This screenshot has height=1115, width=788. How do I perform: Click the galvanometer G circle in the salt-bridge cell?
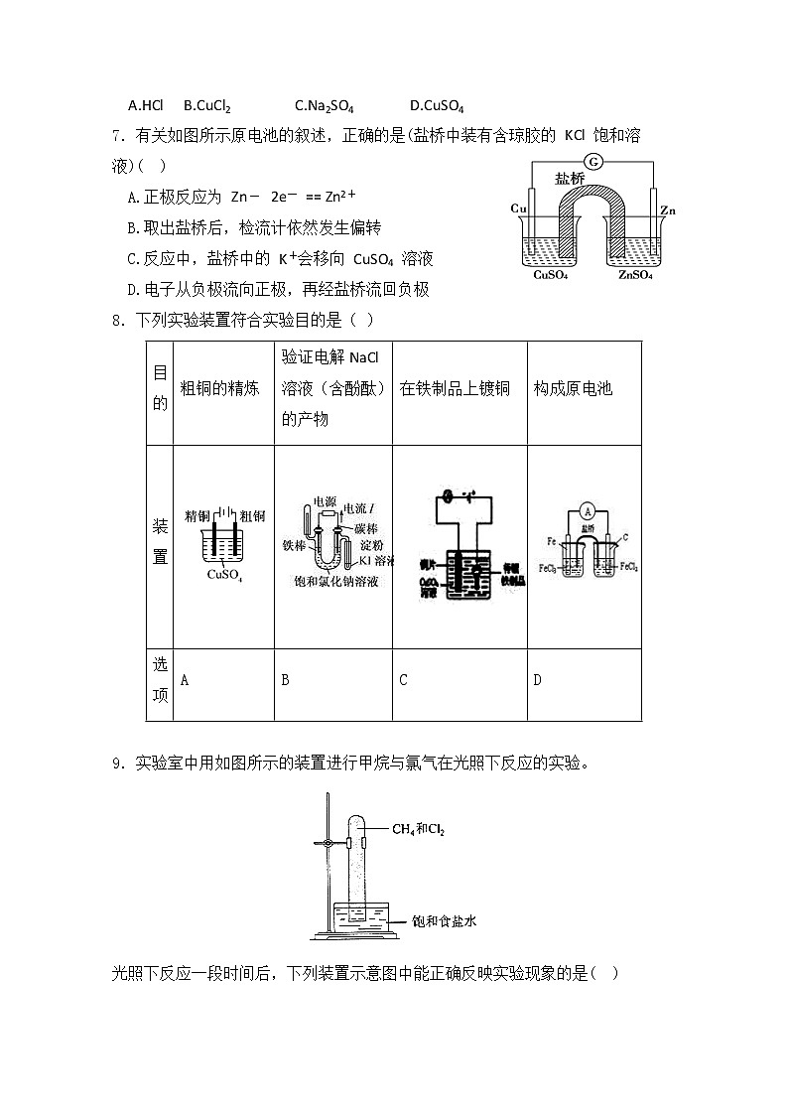click(x=593, y=162)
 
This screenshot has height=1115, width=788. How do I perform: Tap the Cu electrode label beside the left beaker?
click(x=518, y=209)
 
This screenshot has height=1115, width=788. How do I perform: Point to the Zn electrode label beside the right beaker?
click(x=668, y=209)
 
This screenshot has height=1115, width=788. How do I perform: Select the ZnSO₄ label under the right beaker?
click(x=635, y=275)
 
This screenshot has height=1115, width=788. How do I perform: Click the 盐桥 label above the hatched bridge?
click(x=570, y=179)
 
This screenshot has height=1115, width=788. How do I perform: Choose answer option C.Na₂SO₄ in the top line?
click(x=325, y=105)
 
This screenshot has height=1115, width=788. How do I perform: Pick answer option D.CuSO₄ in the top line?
click(x=437, y=105)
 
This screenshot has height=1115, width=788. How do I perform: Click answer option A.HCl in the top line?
click(x=146, y=105)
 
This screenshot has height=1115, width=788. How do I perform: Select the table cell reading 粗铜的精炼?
click(x=220, y=388)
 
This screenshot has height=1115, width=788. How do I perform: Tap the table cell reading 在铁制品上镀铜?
click(x=455, y=388)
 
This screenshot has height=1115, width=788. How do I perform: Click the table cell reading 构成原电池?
click(x=573, y=388)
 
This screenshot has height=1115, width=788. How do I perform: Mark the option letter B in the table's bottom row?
click(x=285, y=680)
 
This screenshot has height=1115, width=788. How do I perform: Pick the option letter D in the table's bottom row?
click(x=537, y=680)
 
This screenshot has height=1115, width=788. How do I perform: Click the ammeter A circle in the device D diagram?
click(x=587, y=512)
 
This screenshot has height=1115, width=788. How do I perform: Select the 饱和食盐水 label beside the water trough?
click(x=444, y=921)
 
